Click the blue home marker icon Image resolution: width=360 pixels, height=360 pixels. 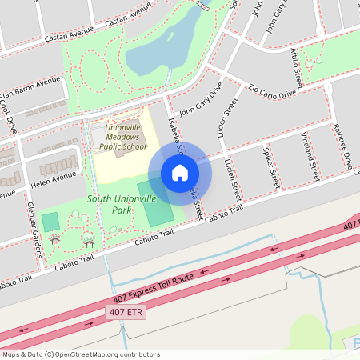click(180, 173)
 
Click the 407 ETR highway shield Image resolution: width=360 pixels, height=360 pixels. click(126, 313)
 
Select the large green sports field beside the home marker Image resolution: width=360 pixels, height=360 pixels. click(155, 203)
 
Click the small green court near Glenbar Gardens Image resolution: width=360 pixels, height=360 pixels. click(50, 222)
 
